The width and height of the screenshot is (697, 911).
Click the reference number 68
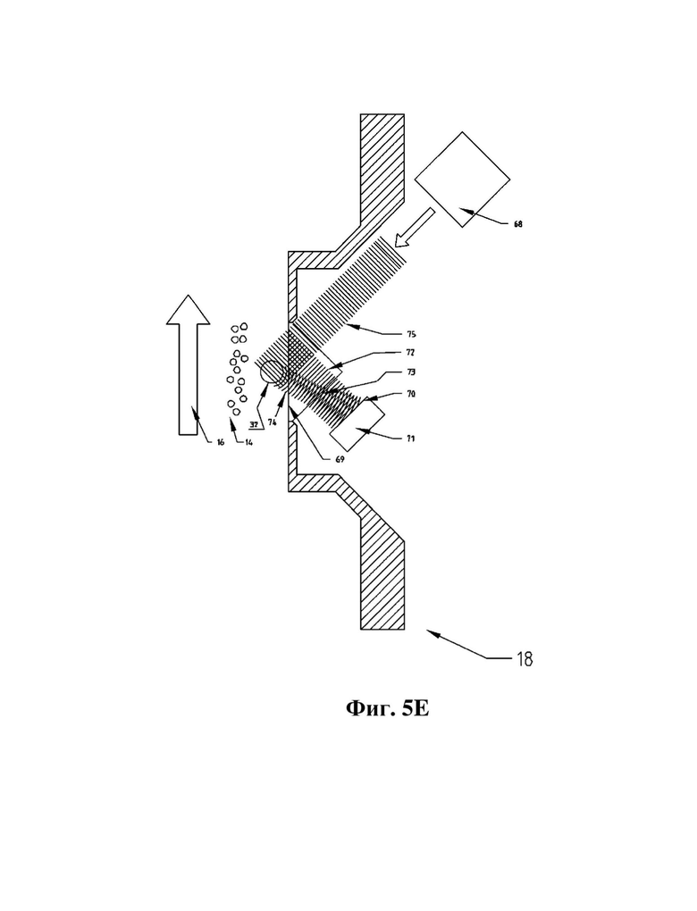pos(517,224)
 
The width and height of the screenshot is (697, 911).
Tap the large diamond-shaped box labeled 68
pos(462,180)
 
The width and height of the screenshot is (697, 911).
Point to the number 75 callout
pos(411,334)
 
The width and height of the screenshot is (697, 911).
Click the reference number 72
pos(410,353)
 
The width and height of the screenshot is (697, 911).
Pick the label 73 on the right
pos(410,372)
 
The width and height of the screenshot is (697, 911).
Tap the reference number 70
pos(410,394)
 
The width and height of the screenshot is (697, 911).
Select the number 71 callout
pos(410,439)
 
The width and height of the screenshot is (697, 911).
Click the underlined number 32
pos(254,424)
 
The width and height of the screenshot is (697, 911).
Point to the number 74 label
pos(272,422)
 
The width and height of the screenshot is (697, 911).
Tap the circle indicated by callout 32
pos(271,372)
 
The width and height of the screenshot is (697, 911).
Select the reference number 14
pos(248,442)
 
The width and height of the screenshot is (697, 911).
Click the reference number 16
pos(221,442)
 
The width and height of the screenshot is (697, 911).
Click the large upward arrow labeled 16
pos(188,365)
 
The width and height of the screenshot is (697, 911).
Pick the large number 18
pos(525,659)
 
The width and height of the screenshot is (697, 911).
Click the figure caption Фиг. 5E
pos(387,707)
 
